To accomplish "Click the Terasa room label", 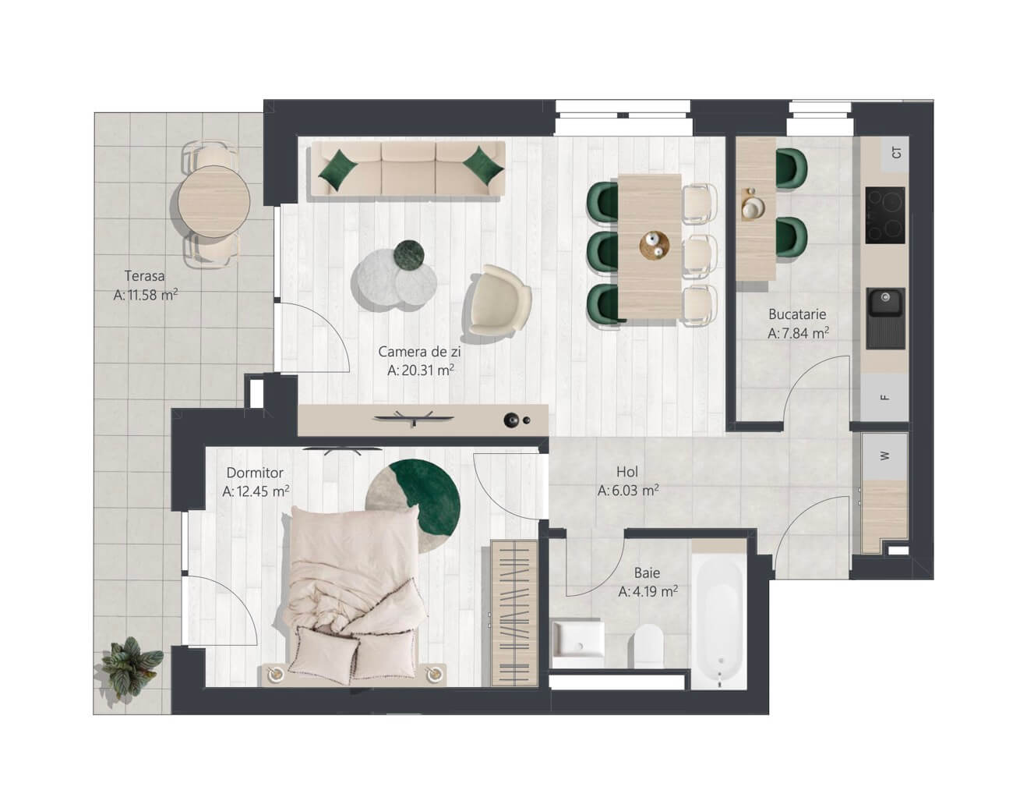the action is pos(145,275).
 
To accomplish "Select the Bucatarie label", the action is pos(797,314).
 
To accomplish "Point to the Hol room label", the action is pos(627,471).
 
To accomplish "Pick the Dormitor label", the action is pos(255,473).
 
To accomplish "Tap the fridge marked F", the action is pos(884,397).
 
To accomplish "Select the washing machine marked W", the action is pos(884,456).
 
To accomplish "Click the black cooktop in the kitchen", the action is pos(885,215).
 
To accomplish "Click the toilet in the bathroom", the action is pos(648,645).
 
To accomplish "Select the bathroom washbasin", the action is pos(578,639).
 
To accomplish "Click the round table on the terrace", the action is pos(214,201).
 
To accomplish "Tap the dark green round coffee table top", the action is pos(409,256).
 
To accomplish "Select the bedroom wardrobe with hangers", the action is pos(514,613).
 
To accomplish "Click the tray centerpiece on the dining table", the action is pos(654,245).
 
